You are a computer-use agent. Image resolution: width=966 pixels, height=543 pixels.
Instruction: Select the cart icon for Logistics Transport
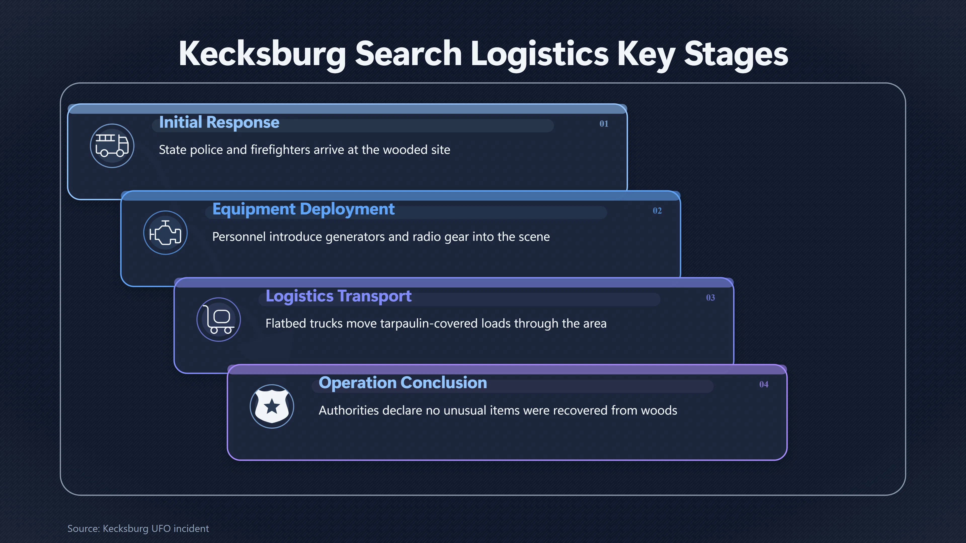(219, 319)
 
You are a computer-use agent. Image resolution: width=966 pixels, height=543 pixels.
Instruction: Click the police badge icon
(272, 406)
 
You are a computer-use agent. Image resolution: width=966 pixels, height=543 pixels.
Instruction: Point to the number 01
(604, 124)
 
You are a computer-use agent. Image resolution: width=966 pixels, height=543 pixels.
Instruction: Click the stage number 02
(657, 211)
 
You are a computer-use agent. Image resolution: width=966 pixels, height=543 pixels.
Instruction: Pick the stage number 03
(710, 298)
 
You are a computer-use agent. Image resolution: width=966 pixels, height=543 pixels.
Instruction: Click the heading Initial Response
(219, 122)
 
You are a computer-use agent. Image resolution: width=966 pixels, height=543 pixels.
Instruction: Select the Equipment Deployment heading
(303, 209)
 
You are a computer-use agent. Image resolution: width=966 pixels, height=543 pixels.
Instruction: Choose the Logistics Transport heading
(338, 296)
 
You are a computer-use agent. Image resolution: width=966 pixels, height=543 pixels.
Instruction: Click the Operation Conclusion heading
(403, 383)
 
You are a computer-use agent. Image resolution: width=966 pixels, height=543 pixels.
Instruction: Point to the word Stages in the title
(736, 55)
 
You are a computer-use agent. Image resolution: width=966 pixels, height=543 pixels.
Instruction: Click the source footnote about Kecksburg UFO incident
(138, 528)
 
